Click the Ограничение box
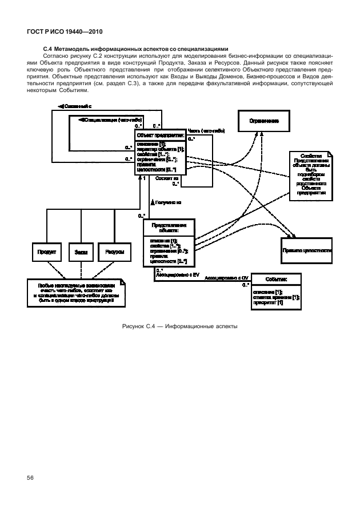point(264,121)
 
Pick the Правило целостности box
point(307,251)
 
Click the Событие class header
point(276,279)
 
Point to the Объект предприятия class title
point(160,136)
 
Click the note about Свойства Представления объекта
point(311,174)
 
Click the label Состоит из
point(167,178)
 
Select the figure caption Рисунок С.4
point(179,326)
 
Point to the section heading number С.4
point(48,49)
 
